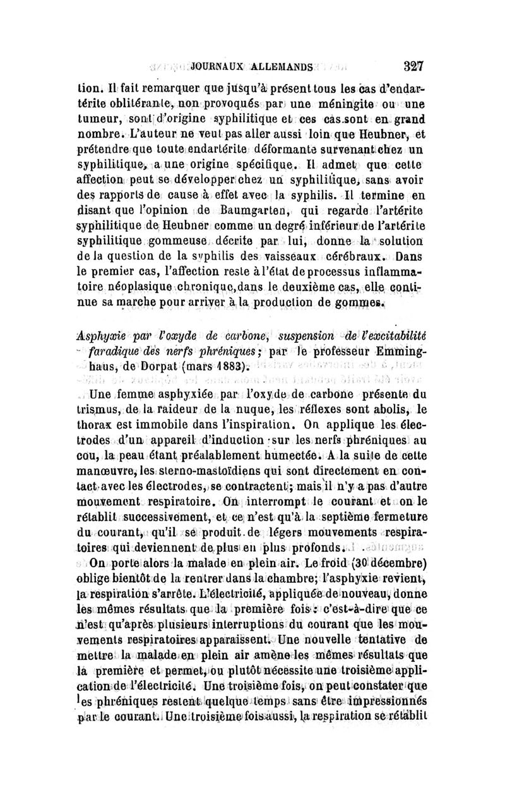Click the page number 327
pyautogui.click(x=410, y=65)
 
